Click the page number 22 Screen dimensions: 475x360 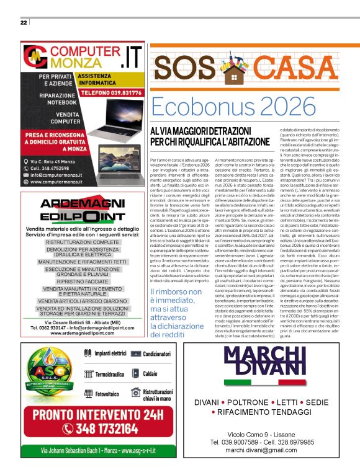(23, 23)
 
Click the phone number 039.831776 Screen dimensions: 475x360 (116, 91)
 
